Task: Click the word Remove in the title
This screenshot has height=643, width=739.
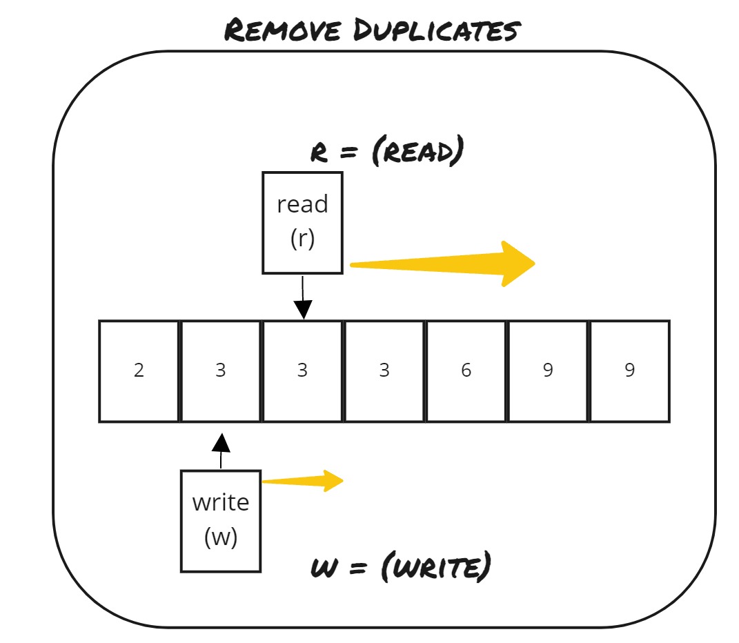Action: (x=284, y=30)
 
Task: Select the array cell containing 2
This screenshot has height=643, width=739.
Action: (x=139, y=370)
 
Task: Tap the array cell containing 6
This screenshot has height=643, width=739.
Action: (x=466, y=370)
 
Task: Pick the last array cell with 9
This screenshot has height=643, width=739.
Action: (x=629, y=370)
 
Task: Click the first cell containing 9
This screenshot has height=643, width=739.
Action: (x=548, y=370)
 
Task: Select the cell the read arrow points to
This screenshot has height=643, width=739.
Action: (x=302, y=370)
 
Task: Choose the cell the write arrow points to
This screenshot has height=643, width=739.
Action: (x=221, y=370)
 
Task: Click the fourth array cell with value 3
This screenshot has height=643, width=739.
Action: (x=384, y=370)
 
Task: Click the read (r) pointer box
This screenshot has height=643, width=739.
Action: (x=302, y=222)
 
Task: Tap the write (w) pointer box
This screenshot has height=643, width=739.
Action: (x=221, y=521)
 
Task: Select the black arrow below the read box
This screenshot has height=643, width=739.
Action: (x=302, y=298)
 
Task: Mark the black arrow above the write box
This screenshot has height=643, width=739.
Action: (x=221, y=450)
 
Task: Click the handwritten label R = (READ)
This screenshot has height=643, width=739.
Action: (x=386, y=151)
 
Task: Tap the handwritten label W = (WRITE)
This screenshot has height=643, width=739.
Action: (x=400, y=568)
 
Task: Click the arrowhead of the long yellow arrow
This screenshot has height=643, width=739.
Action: (x=518, y=263)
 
